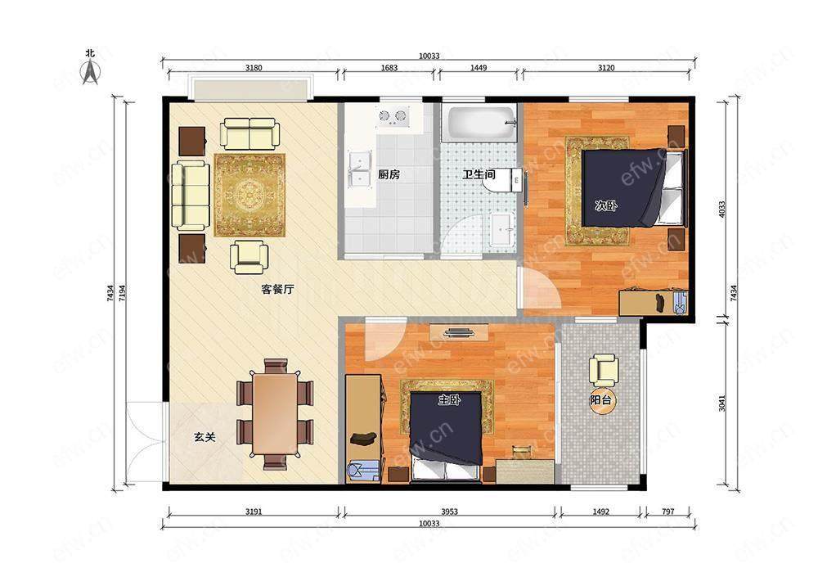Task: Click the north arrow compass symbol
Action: pos(91,71)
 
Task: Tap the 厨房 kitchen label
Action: pos(389,174)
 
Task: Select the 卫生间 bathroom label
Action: pos(479,174)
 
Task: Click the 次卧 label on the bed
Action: pos(606,205)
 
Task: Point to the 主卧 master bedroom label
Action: pos(449,400)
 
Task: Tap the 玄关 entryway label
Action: pos(205,437)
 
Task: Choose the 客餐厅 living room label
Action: pos(277,289)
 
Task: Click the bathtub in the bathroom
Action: pos(479,124)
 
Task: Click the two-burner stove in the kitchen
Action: pos(393,117)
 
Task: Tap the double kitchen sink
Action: pos(359,169)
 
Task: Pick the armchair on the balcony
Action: pos(605,370)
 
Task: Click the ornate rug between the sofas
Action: pos(249,195)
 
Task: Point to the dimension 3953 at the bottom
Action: pos(449,512)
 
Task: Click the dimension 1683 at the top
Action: pos(389,67)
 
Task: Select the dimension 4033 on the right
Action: pos(722,210)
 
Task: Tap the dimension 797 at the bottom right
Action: pos(667,512)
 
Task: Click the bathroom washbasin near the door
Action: pos(503,229)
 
